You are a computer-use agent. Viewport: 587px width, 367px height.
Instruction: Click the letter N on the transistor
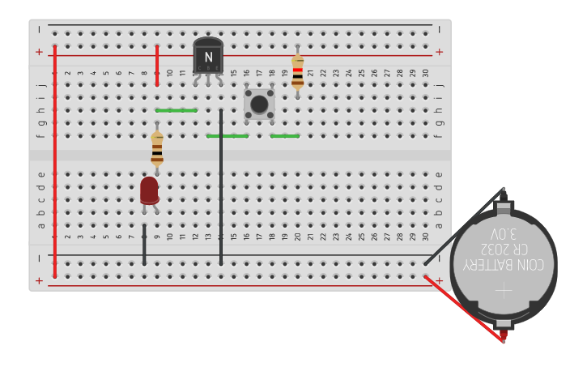208,58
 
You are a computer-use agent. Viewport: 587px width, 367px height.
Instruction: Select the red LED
149,190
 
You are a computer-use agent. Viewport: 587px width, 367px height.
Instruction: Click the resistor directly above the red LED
157,149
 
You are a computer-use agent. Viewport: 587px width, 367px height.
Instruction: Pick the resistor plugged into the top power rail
298,71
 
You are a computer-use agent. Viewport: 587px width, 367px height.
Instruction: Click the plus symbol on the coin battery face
504,289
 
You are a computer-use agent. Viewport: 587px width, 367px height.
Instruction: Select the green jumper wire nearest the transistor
176,110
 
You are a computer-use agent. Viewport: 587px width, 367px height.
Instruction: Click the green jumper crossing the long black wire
228,136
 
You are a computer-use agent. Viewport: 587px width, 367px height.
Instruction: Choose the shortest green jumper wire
285,136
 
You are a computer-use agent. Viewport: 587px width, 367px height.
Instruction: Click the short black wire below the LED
145,245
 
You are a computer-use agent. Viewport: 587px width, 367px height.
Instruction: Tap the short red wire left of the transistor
157,65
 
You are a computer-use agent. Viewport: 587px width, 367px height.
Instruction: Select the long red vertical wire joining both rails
55,162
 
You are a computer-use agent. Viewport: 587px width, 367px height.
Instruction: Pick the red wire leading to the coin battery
462,308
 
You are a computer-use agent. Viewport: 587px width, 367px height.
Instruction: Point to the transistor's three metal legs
208,79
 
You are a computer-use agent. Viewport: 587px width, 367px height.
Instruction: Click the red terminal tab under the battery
503,335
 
